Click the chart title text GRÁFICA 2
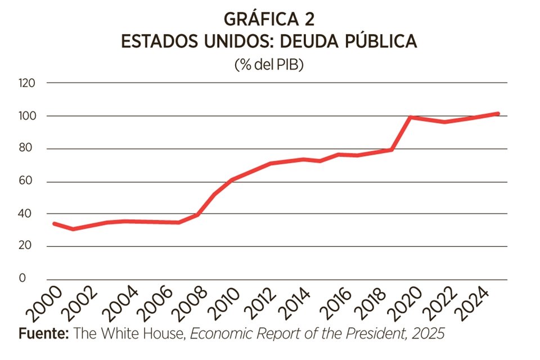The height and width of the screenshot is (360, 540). coord(269,19)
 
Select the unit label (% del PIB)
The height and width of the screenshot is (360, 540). coord(269,65)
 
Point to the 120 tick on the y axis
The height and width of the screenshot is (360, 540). coord(27,83)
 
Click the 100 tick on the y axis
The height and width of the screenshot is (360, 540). coord(27,116)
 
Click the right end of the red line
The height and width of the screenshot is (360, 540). coord(498,114)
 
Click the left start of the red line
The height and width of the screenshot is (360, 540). coord(54,224)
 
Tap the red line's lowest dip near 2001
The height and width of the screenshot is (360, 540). coord(73,229)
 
